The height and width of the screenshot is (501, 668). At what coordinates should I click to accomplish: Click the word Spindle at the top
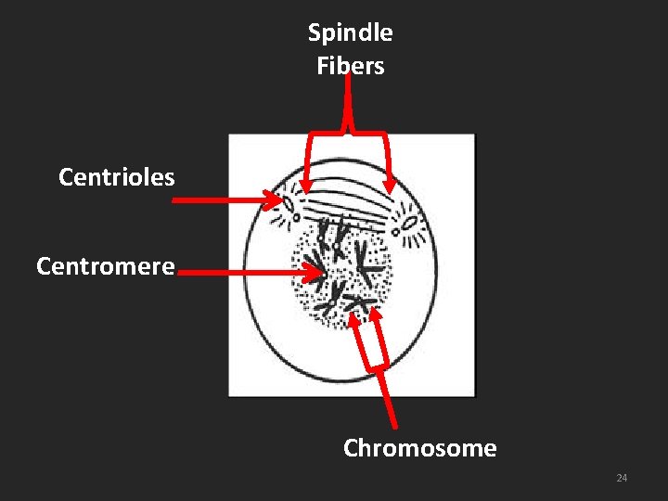click(x=350, y=33)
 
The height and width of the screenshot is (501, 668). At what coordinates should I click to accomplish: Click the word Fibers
click(x=350, y=66)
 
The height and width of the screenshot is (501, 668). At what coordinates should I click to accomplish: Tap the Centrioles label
click(x=116, y=177)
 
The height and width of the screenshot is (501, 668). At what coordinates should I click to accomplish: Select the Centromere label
click(x=105, y=267)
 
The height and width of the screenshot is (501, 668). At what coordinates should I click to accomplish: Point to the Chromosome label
click(x=419, y=449)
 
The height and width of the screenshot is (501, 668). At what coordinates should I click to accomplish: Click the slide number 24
click(x=622, y=478)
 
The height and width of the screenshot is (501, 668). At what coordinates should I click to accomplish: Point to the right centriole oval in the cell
click(x=407, y=223)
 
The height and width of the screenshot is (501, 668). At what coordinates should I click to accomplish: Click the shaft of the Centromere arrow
click(x=241, y=273)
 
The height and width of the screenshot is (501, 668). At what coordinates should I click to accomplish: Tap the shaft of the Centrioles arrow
click(x=223, y=199)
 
